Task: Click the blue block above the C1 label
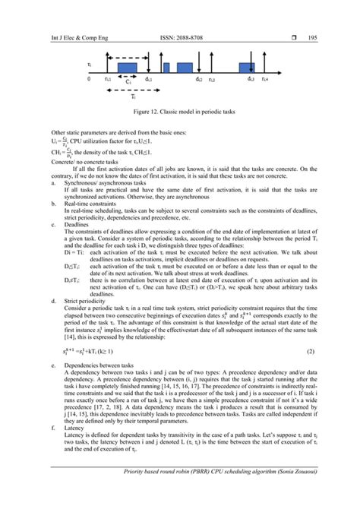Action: (127, 69)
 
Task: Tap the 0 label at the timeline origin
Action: (89, 79)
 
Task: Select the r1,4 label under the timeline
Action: (265, 79)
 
